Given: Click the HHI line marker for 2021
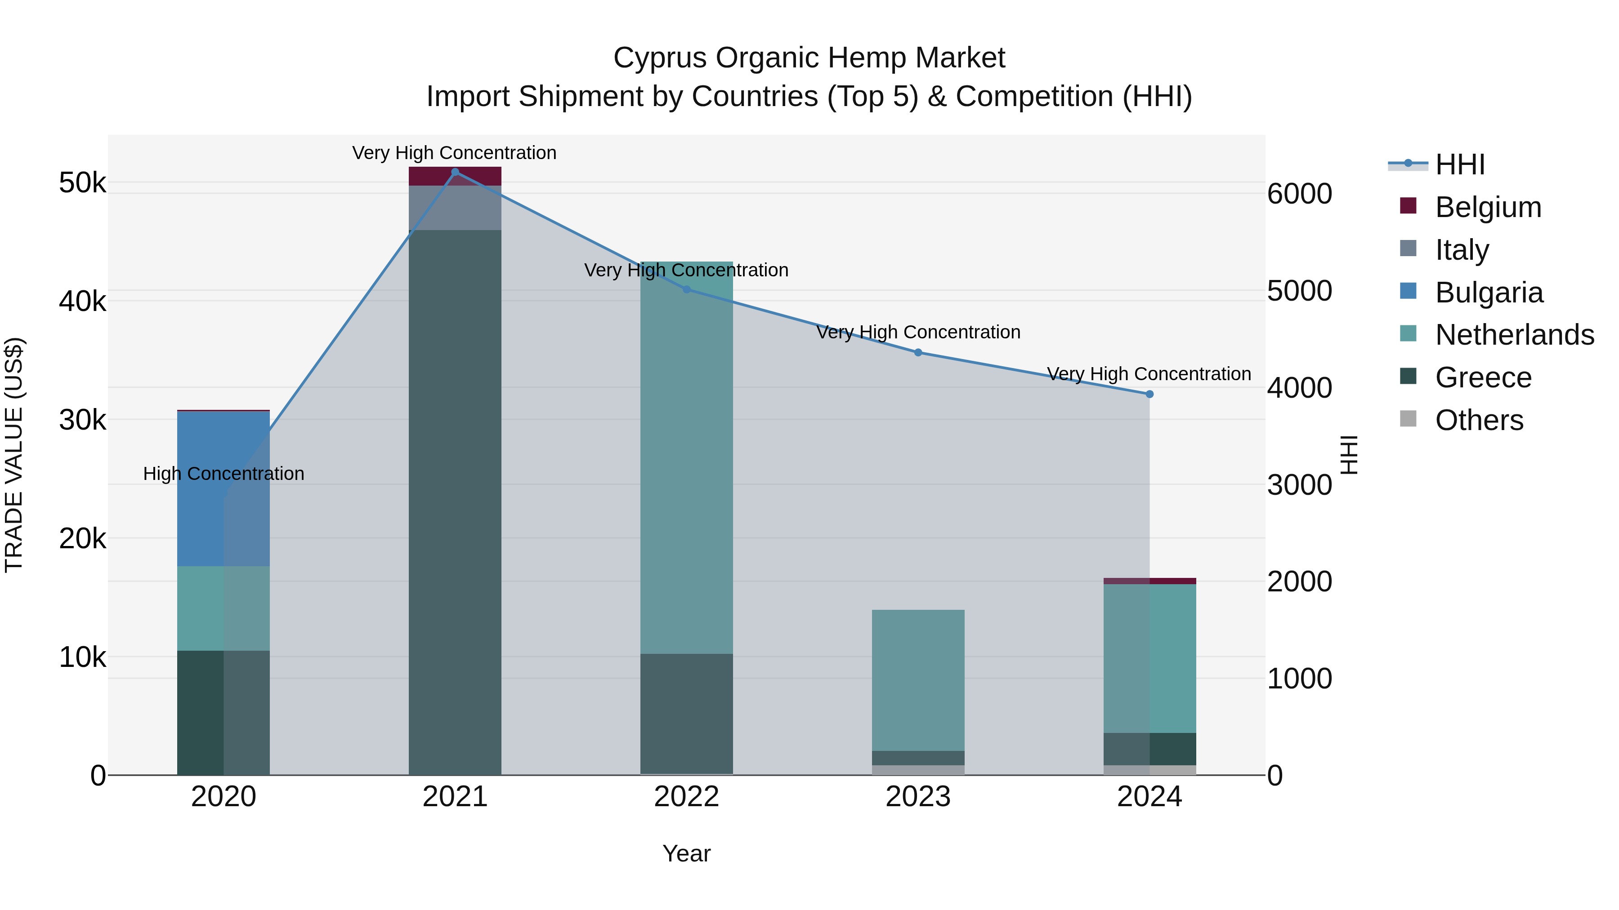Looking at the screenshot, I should click(455, 172).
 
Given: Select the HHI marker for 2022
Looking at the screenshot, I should click(686, 289).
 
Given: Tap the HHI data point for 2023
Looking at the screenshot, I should click(917, 352).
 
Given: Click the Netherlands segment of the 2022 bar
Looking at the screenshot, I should click(686, 458).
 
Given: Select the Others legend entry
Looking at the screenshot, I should click(1479, 420).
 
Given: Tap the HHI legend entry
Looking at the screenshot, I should click(1460, 164).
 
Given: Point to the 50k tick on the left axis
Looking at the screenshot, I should click(82, 183).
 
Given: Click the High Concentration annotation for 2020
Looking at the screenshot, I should click(224, 474).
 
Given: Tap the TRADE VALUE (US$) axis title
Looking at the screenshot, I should click(14, 455).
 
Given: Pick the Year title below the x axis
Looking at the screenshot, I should click(686, 853).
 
